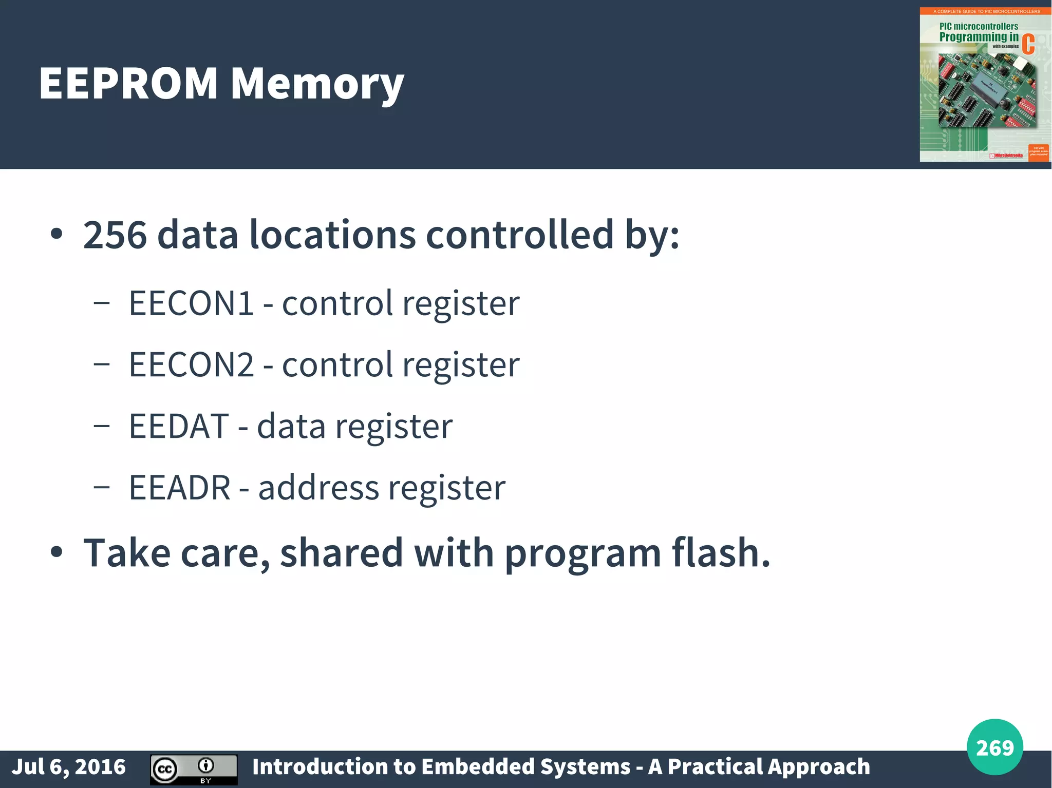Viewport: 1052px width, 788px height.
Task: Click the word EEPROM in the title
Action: click(x=128, y=83)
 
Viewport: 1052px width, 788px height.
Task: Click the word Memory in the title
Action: click(x=317, y=83)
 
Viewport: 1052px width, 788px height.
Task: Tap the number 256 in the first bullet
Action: click(x=115, y=235)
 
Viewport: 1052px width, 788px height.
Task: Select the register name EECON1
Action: click(x=191, y=303)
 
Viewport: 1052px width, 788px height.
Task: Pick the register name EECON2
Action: click(x=191, y=364)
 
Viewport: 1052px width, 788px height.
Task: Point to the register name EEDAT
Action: click(x=178, y=426)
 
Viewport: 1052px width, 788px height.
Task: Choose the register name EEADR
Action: click(x=179, y=488)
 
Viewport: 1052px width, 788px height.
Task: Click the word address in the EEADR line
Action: click(x=318, y=488)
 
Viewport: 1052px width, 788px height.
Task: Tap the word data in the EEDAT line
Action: click(x=291, y=426)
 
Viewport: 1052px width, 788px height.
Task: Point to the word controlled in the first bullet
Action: click(x=519, y=235)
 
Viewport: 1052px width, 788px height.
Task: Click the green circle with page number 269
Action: click(x=994, y=747)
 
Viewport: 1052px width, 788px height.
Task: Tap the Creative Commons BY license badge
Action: click(x=194, y=769)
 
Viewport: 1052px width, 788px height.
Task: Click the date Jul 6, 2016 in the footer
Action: click(x=68, y=766)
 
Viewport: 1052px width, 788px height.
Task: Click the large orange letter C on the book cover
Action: click(x=1028, y=44)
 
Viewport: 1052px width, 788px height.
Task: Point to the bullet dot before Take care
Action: click(x=57, y=552)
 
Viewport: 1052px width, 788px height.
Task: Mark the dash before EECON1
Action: click(x=102, y=303)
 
